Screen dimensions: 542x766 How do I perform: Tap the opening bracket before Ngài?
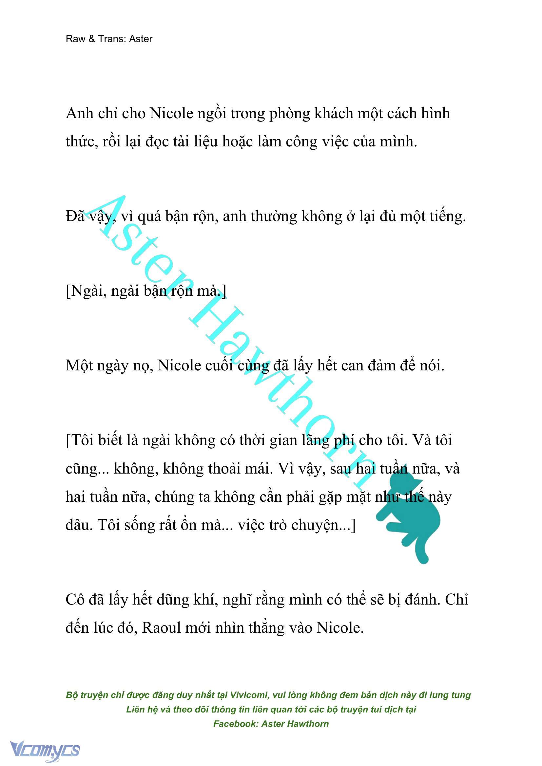coord(68,291)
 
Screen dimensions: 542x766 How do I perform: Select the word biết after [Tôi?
coord(110,440)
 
